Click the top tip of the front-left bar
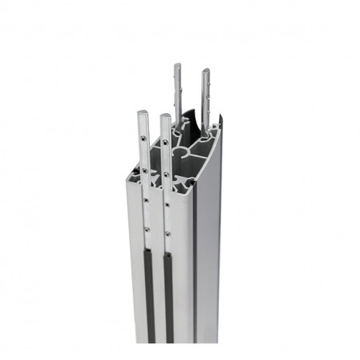point(142,112)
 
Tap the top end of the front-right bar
point(164,117)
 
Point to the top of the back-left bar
point(177,66)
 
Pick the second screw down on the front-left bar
point(144,168)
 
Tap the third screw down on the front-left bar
point(146,201)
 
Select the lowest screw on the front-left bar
point(147,230)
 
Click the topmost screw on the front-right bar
point(165,143)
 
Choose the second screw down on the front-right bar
point(166,174)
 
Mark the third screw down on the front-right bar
point(166,204)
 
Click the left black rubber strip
point(149,295)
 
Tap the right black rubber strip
point(169,299)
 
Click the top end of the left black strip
point(148,250)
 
